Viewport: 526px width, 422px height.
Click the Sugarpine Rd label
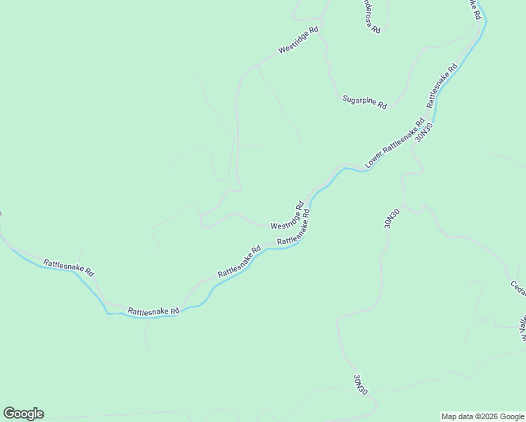[364, 101]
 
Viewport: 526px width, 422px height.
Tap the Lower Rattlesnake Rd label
[394, 144]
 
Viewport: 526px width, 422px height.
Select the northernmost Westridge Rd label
[299, 40]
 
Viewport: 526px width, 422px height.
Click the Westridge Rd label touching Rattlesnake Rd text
[288, 217]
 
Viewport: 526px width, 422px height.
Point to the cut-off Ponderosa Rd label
[371, 16]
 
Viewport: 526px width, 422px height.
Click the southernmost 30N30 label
[360, 384]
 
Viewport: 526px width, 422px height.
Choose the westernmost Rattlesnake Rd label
[69, 267]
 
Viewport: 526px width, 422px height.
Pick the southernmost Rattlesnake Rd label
[154, 310]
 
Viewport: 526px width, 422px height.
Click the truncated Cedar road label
[518, 288]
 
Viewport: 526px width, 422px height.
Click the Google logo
[23, 414]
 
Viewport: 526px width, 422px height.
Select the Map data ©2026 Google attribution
[482, 416]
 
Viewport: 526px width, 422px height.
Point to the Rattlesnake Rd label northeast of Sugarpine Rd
[442, 86]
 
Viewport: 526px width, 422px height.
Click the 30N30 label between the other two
[392, 218]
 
